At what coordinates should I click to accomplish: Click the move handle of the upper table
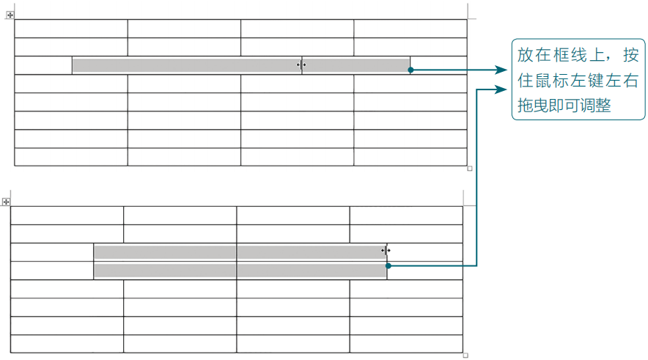tap(10, 14)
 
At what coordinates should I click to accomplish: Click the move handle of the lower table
tap(6, 201)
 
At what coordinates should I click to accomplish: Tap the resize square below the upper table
tap(470, 169)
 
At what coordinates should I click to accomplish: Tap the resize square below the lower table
tap(465, 356)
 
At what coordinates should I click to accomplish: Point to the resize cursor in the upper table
tap(301, 65)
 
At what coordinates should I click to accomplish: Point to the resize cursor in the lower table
tap(386, 250)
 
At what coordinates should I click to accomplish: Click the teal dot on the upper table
tap(410, 70)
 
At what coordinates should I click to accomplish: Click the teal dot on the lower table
tap(388, 266)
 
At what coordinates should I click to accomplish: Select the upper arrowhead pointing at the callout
tap(503, 70)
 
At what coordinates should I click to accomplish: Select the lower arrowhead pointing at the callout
tap(503, 89)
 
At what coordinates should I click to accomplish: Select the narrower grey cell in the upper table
tap(356, 65)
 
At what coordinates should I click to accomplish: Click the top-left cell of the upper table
tap(71, 28)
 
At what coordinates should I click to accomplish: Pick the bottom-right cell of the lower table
tap(406, 344)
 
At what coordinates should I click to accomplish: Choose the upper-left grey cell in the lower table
tap(165, 251)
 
